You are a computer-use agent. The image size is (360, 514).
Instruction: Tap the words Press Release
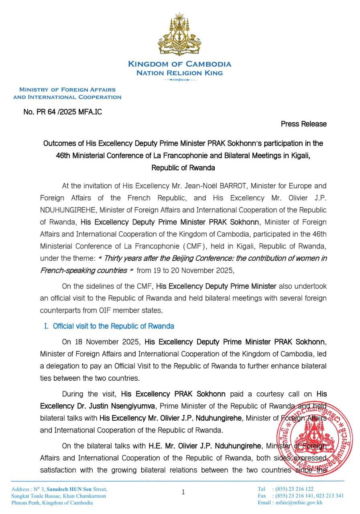(303, 124)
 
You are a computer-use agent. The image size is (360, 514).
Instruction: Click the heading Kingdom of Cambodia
(179, 64)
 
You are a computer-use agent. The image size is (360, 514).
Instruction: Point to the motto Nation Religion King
(179, 73)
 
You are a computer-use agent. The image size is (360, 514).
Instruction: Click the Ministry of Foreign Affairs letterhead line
(67, 90)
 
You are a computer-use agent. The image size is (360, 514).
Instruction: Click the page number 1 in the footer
(183, 492)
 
